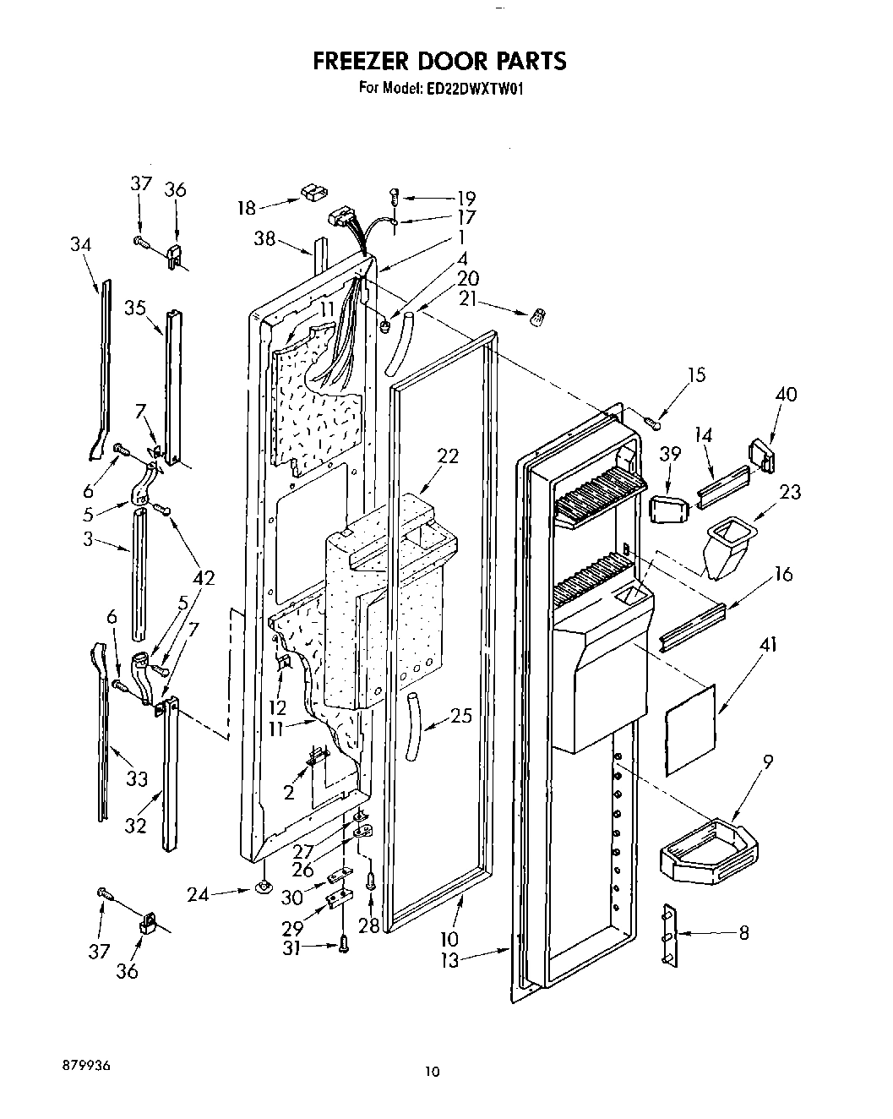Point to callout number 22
449,456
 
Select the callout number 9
768,761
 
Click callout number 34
81,244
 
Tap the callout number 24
198,892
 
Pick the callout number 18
246,208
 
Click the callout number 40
786,394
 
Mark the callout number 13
449,960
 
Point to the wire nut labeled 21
536,319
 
